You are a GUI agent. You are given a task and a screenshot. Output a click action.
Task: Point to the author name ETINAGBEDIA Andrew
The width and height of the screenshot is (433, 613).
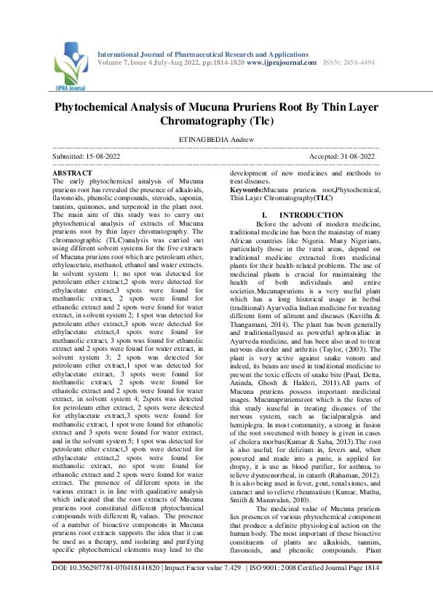(x=216, y=140)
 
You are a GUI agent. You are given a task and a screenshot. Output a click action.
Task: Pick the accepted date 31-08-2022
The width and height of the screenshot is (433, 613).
(x=357, y=157)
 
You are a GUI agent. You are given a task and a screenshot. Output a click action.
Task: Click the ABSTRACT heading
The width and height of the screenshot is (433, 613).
(x=73, y=173)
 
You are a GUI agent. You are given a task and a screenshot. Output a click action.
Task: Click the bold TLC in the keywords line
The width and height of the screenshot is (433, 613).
(x=324, y=197)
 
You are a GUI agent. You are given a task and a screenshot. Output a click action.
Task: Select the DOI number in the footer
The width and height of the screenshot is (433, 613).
(x=103, y=586)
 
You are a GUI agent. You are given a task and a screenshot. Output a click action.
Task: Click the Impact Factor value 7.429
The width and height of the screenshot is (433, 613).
(x=229, y=586)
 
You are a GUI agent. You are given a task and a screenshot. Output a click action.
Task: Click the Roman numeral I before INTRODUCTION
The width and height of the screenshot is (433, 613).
(x=264, y=215)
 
